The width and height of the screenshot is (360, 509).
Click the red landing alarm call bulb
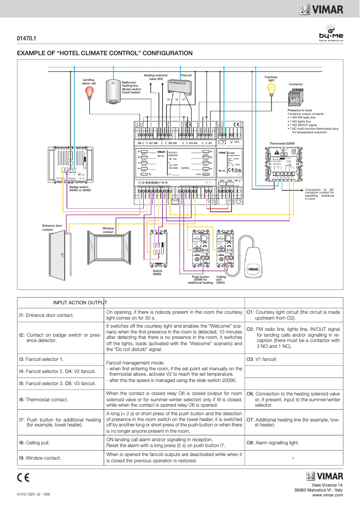(x=90, y=92)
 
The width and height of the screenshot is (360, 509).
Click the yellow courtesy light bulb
(x=271, y=89)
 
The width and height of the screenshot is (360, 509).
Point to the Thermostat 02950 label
(x=282, y=143)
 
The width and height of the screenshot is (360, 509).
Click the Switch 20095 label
(x=157, y=272)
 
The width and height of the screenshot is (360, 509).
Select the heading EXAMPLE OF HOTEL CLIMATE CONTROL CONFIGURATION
(x=105, y=53)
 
